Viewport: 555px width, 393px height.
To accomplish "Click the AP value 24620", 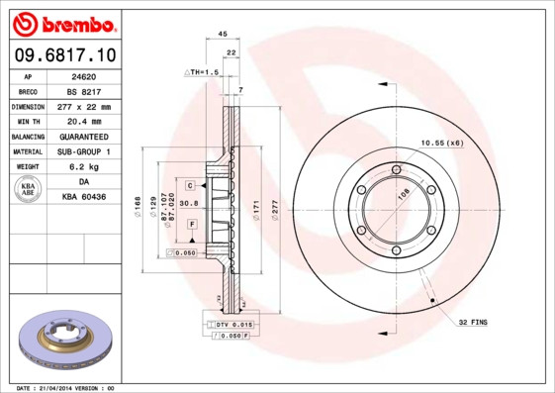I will tap(82, 74).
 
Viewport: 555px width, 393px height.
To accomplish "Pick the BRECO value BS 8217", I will tap(82, 90).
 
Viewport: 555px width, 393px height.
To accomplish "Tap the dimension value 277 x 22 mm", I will tap(82, 106).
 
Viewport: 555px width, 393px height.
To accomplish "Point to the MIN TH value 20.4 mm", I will tap(82, 121).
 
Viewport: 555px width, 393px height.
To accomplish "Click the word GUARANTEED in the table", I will tap(82, 137).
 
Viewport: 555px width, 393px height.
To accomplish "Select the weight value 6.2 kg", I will tap(82, 167).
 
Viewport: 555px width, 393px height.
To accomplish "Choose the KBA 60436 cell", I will tap(82, 198).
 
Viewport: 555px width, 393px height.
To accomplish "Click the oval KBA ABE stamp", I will tap(28, 190).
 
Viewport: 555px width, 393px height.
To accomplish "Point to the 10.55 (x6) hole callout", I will tap(442, 144).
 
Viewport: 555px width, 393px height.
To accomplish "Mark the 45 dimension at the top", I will tap(223, 34).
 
